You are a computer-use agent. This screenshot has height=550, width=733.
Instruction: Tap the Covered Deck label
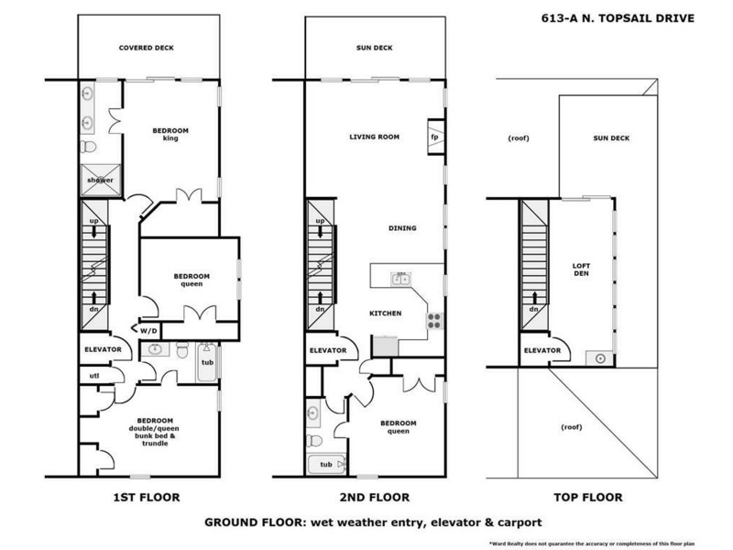pos(147,48)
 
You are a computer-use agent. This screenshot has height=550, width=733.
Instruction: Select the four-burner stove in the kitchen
pos(433,321)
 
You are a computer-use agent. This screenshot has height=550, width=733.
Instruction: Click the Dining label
pos(402,228)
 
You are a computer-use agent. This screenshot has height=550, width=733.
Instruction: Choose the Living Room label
pos(375,137)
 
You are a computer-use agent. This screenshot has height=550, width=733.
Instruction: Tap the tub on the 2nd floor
pos(326,465)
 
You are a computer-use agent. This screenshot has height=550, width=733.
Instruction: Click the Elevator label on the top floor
pos(542,350)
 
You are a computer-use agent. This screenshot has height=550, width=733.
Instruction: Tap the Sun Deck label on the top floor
pos(611,138)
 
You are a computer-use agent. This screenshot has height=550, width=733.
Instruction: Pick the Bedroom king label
pos(170,136)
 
